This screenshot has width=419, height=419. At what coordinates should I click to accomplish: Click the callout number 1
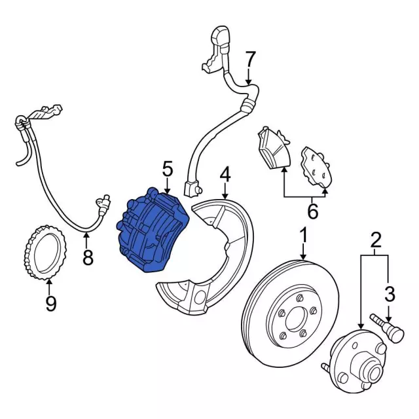click(x=304, y=234)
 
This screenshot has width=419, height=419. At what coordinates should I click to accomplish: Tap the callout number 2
click(x=375, y=240)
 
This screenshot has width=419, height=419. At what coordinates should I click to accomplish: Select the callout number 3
click(x=389, y=293)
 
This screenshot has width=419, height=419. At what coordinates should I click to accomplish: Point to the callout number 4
click(x=225, y=175)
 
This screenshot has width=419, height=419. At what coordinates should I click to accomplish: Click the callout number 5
click(x=168, y=169)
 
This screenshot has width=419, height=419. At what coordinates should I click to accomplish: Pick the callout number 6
click(x=312, y=211)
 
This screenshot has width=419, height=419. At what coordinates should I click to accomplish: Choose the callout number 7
click(x=249, y=60)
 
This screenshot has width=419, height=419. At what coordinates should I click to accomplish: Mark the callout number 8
click(x=88, y=257)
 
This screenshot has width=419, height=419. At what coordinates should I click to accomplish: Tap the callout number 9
click(x=51, y=304)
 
